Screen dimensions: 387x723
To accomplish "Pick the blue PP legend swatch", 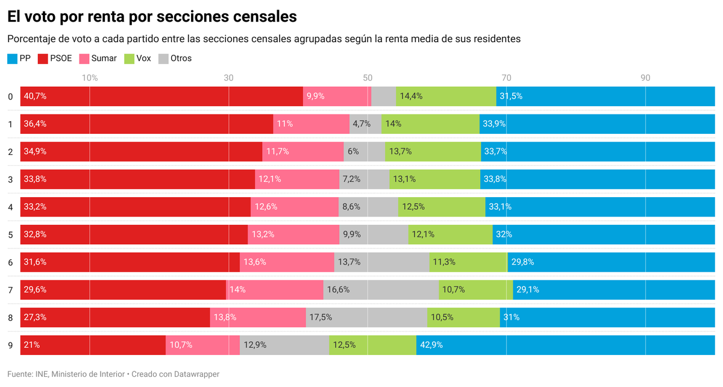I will (12, 58).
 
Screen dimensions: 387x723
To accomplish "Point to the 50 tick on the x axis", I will (368, 78).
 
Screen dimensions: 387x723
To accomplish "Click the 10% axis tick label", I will (90, 78).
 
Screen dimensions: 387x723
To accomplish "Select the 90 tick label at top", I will (645, 78).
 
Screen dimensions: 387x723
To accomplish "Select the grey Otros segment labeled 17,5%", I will (366, 318).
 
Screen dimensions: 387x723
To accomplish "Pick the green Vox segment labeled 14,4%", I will (446, 96).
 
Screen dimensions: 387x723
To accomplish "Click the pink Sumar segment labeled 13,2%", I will (293, 234).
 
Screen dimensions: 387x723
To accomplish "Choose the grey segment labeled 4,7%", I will (365, 124).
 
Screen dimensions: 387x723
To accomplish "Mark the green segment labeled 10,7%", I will (475, 290).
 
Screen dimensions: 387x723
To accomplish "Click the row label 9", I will (10, 345).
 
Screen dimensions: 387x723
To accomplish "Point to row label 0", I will (10, 96).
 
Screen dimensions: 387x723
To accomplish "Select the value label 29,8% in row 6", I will (522, 262).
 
